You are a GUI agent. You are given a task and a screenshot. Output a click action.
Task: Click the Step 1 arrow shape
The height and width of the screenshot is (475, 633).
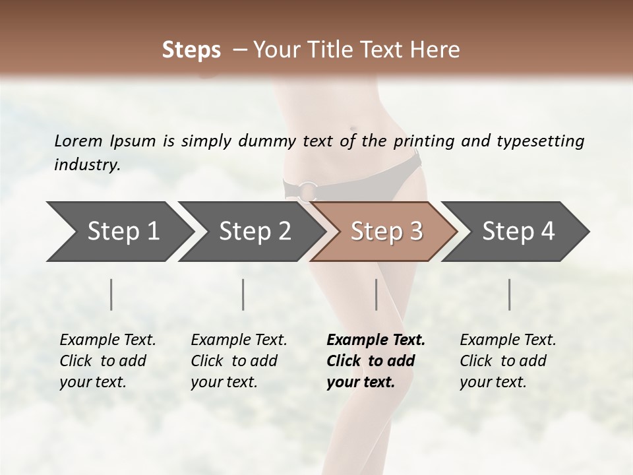click(x=119, y=232)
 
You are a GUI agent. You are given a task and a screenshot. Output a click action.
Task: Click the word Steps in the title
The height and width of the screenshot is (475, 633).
click(x=191, y=50)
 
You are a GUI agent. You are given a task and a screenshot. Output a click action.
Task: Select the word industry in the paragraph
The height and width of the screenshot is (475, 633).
click(x=86, y=165)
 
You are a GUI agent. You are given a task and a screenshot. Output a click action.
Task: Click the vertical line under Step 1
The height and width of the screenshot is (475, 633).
click(x=111, y=294)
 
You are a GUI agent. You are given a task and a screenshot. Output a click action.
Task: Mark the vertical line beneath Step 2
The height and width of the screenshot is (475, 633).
click(x=243, y=294)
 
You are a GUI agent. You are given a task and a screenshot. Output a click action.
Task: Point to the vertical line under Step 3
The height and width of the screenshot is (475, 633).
click(x=377, y=294)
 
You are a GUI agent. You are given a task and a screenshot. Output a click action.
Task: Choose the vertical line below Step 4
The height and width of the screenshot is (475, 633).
click(x=510, y=294)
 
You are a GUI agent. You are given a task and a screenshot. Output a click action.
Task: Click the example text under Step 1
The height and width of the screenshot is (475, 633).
click(x=107, y=361)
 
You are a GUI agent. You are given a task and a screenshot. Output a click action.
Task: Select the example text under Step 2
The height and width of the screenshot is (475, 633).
click(x=238, y=361)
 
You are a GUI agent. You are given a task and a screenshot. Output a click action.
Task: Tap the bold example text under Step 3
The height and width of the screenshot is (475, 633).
click(x=375, y=361)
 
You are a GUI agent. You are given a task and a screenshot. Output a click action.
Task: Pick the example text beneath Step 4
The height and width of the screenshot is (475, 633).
click(x=507, y=361)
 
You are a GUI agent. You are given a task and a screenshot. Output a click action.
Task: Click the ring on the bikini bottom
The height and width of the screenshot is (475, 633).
click(x=309, y=191)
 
